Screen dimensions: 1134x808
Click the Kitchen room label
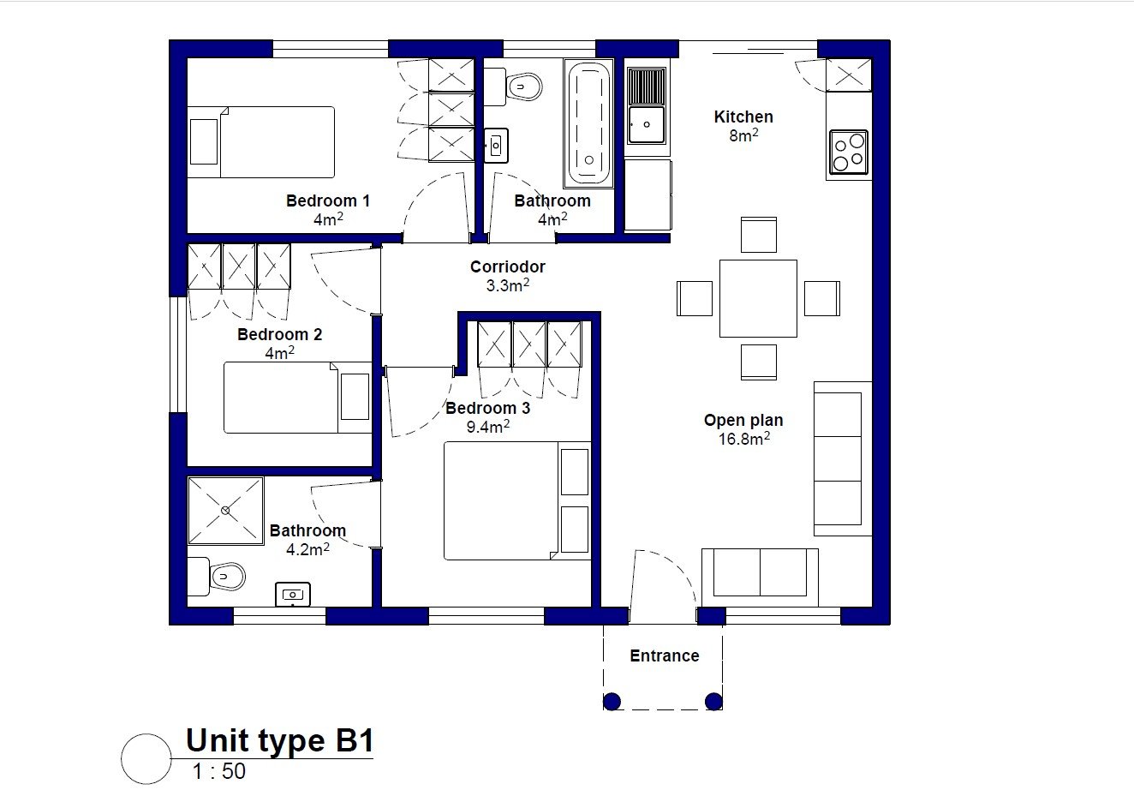point(743,117)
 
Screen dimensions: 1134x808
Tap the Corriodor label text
point(508,266)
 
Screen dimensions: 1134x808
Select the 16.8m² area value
point(744,438)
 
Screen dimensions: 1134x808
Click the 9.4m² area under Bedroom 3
point(488,427)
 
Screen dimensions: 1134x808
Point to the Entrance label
point(664,656)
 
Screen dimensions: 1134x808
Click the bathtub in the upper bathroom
point(588,123)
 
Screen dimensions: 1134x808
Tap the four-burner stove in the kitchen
point(849,152)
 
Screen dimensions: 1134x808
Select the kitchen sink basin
point(647,124)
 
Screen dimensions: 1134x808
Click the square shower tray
point(226,511)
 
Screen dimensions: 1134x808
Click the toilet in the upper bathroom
point(513,87)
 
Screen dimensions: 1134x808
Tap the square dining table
point(758,298)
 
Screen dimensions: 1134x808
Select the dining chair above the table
point(758,235)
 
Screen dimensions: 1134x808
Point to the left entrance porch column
point(612,702)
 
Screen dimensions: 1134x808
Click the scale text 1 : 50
point(218,771)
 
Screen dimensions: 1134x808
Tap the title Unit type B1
point(280,740)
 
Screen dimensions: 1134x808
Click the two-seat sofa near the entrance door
point(760,577)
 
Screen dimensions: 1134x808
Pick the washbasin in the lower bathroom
point(293,594)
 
